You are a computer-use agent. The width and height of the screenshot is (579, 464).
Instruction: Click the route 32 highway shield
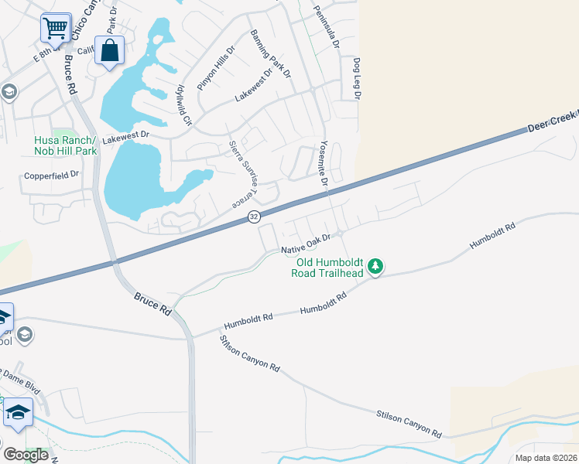click(254, 217)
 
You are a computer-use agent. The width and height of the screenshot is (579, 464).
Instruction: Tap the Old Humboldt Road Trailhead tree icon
click(375, 267)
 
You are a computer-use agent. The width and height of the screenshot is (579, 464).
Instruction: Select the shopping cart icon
click(56, 29)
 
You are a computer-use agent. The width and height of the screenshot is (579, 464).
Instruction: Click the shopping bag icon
click(110, 51)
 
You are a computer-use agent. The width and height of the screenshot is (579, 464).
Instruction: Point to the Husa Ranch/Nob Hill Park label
click(65, 145)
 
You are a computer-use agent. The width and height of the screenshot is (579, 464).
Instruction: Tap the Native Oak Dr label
click(306, 244)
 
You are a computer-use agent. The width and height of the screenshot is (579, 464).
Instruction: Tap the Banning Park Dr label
click(270, 54)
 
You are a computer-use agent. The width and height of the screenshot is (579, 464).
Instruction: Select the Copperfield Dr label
click(52, 175)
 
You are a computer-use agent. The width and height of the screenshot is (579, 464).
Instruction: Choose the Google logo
click(26, 455)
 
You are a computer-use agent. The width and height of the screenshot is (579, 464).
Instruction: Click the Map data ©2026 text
click(546, 458)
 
